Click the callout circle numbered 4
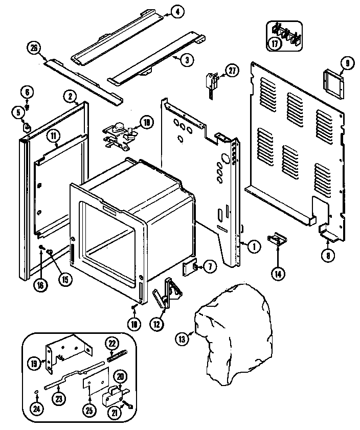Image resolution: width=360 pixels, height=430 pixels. [x=176, y=12]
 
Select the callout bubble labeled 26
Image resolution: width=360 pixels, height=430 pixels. [x=33, y=49]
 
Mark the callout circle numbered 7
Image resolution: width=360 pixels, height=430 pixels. [x=210, y=266]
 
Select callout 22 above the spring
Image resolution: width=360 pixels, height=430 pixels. [x=112, y=343]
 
